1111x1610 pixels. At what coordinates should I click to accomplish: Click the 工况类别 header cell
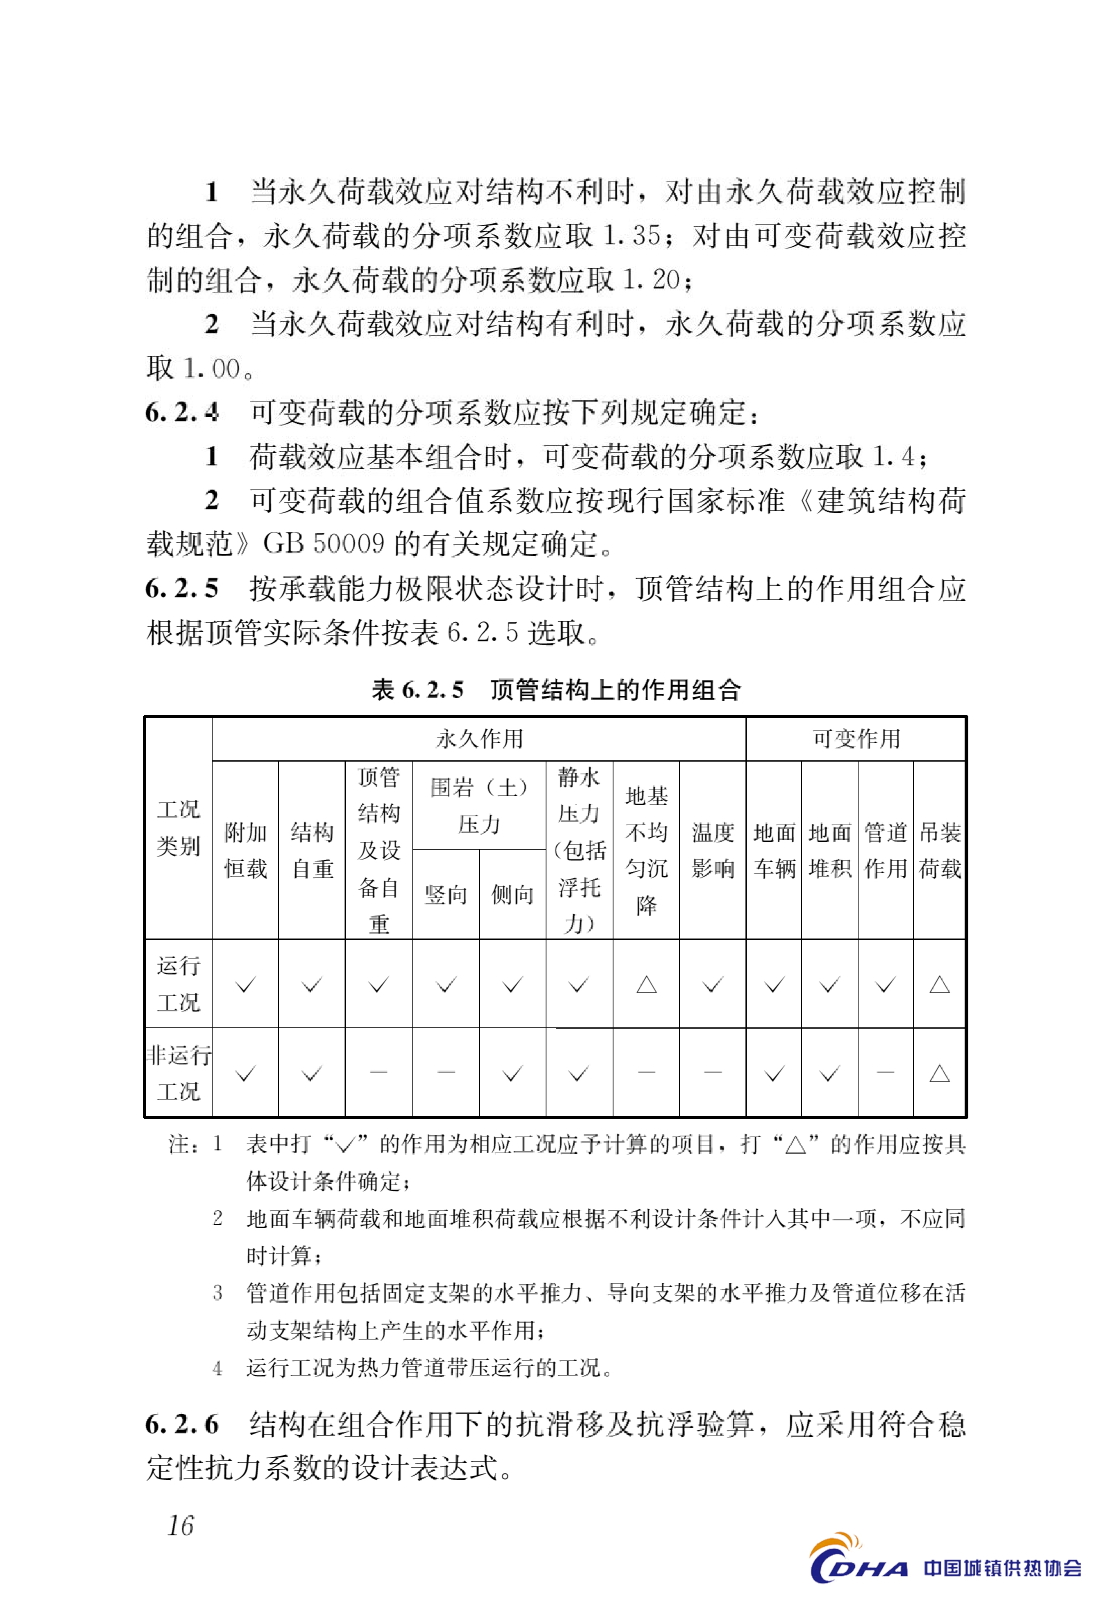coord(178,827)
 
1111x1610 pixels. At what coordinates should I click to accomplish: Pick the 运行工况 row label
coord(178,983)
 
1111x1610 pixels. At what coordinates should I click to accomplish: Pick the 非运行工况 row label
coord(178,1072)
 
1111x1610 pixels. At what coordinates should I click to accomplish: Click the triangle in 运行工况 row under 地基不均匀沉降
coord(646,984)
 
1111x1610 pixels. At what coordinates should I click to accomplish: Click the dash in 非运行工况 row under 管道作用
coord(885,1072)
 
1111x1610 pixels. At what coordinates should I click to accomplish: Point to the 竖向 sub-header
coord(446,894)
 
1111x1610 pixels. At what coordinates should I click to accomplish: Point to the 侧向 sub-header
coord(512,894)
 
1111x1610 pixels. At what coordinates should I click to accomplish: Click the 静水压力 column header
coord(579,850)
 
